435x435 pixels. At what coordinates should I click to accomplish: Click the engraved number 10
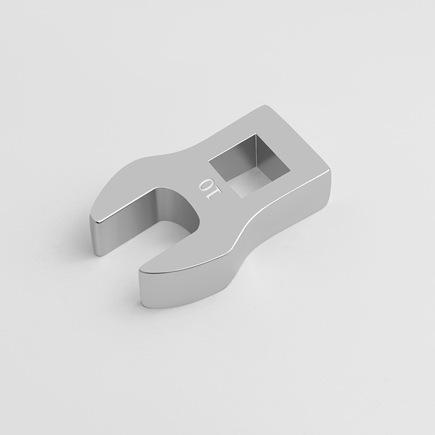point(210,189)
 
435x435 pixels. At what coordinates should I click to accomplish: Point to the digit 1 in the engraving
point(216,193)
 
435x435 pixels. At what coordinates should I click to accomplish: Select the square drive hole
point(249,166)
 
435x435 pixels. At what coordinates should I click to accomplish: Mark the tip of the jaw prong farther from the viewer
point(93,218)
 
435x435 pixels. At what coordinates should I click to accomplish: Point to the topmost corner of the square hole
point(256,134)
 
